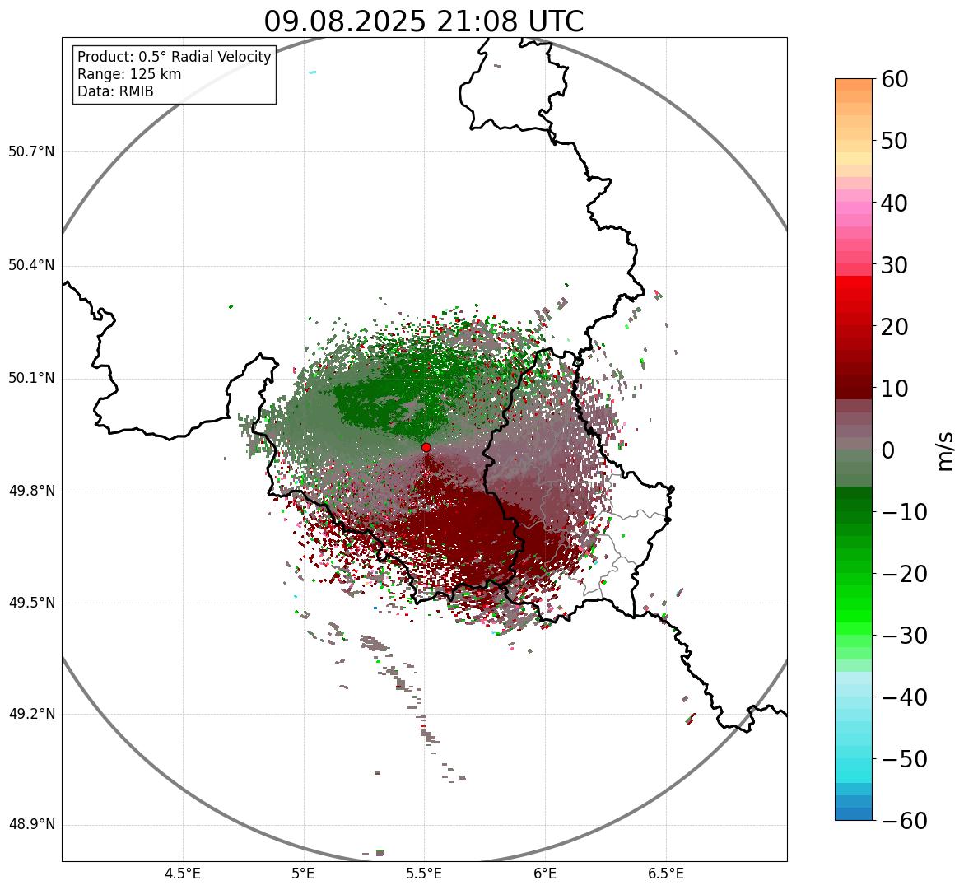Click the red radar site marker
426,447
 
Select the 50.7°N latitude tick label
31,152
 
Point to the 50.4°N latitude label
31,265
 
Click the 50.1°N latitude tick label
31,379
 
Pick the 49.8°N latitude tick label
31,492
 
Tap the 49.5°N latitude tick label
31,603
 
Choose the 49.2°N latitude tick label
31,714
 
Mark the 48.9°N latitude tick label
31,825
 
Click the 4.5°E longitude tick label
183,874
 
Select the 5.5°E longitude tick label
424,874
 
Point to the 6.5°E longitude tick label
665,874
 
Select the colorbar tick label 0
889,450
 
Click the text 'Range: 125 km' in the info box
129,74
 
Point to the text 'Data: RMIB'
115,91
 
